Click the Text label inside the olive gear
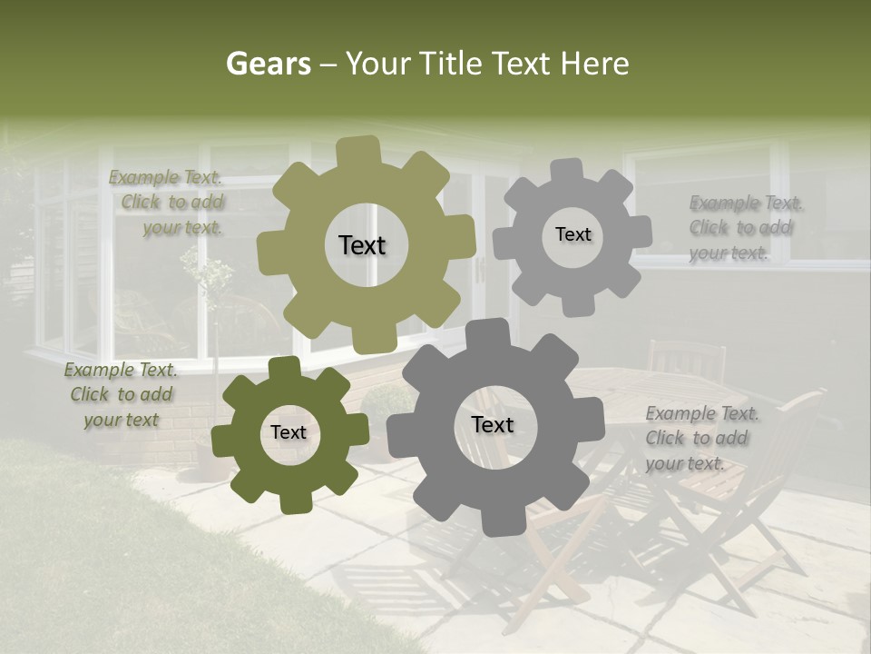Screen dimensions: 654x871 (362, 245)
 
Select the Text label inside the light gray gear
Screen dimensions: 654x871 (573, 234)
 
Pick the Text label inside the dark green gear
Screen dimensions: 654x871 (289, 432)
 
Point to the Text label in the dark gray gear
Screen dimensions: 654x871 (493, 424)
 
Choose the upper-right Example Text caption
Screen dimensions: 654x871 (744, 228)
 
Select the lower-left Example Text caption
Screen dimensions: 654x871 (121, 395)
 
